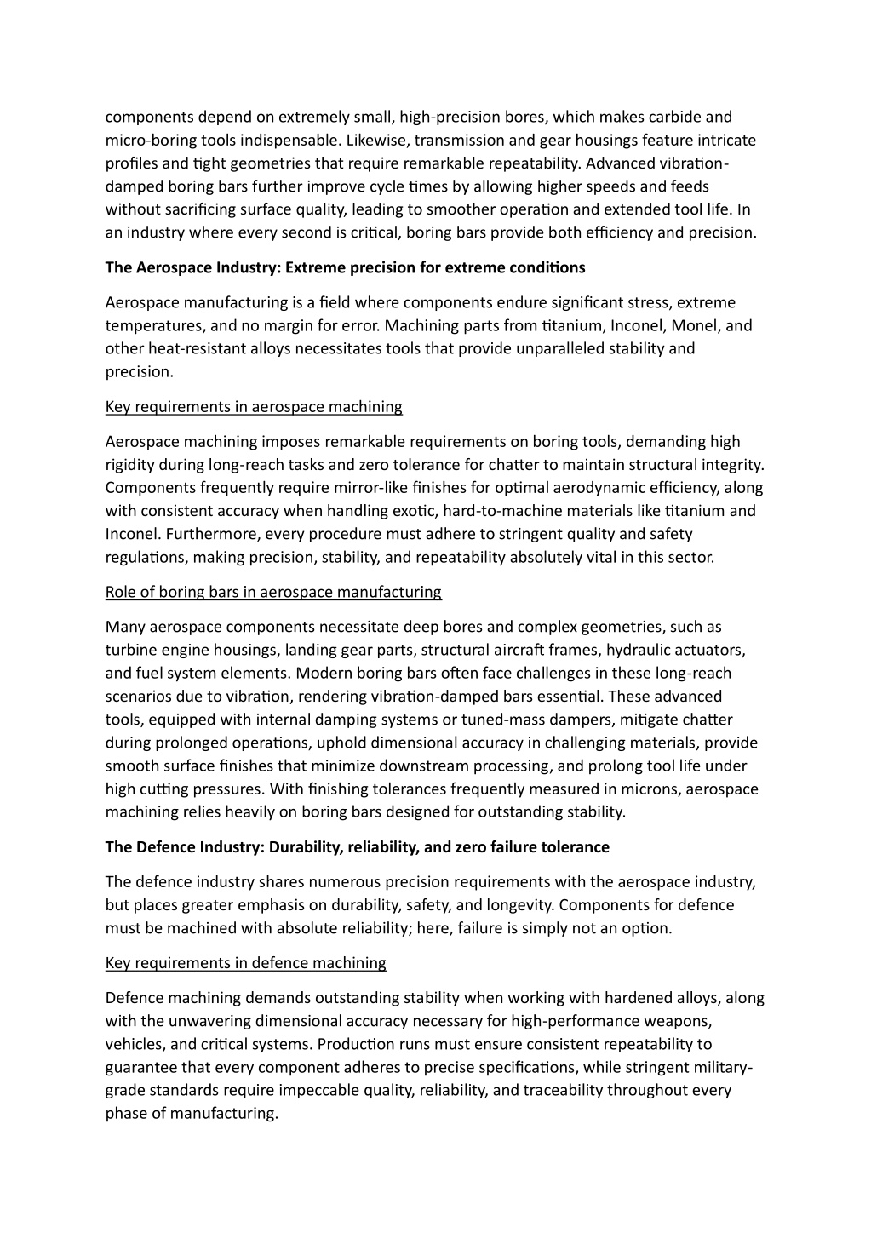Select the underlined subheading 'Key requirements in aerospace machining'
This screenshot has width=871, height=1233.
tap(254, 406)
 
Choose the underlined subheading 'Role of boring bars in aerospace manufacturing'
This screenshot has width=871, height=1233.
tap(273, 592)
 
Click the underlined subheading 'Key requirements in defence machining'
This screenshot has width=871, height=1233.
tap(246, 963)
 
